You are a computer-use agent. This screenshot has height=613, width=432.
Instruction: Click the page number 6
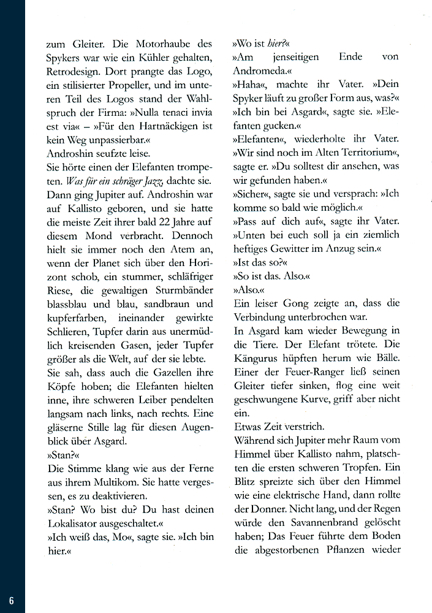click(11, 599)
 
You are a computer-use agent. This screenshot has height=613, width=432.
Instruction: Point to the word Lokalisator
click(75, 523)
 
